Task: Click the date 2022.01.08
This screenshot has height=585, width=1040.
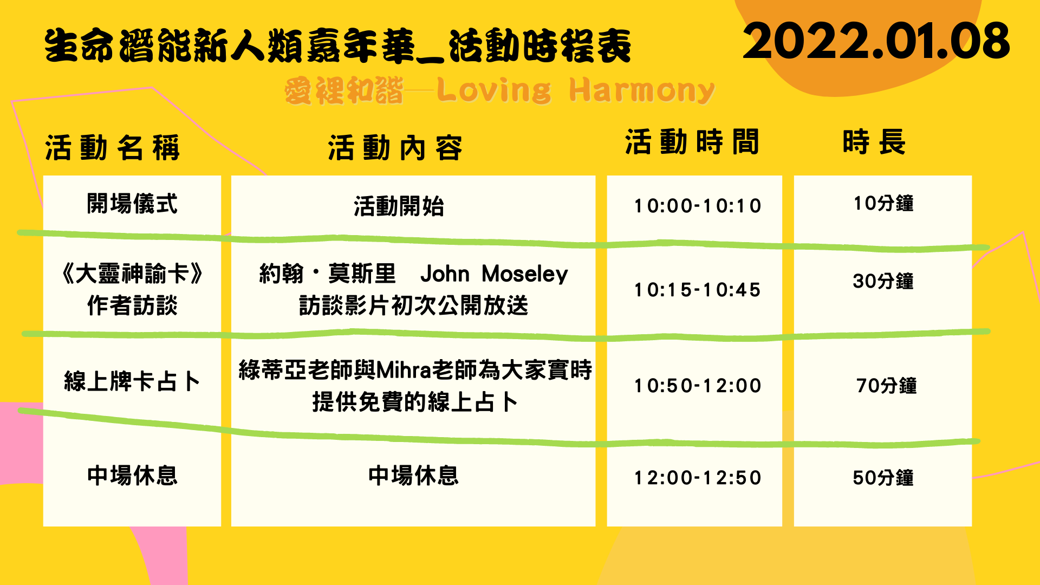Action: tap(876, 41)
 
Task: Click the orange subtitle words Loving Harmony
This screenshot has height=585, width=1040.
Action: tap(576, 90)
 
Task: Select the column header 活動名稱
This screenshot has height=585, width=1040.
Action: tap(112, 148)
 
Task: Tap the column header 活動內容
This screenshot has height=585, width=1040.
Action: tap(395, 148)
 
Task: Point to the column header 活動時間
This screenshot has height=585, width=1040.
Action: tap(692, 142)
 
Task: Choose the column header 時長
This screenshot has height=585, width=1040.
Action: tap(874, 142)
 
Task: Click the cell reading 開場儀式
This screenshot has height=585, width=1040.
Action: tap(132, 204)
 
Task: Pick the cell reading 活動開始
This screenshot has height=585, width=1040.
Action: tap(399, 206)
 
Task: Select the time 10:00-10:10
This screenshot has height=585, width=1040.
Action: tap(698, 206)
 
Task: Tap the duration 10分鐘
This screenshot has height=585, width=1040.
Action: tap(883, 203)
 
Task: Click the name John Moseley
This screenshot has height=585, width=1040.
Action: tap(494, 274)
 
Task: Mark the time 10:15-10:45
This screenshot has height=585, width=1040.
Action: tap(698, 290)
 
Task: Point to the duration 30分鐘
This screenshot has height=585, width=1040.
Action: tap(883, 281)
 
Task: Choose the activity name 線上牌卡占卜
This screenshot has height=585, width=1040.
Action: tap(132, 381)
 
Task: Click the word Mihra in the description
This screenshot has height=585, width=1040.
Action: tap(404, 370)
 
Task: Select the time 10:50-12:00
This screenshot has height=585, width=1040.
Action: tap(698, 386)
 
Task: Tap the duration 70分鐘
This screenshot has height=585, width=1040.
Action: tap(887, 386)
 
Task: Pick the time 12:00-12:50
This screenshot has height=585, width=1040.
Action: tap(698, 478)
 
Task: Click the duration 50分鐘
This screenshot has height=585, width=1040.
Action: tap(883, 478)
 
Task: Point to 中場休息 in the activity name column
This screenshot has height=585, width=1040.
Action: tap(132, 475)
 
